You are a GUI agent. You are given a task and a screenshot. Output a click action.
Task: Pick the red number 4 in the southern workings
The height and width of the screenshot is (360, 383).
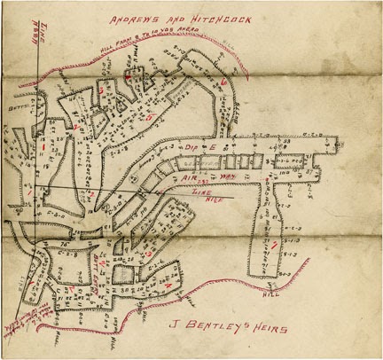168,286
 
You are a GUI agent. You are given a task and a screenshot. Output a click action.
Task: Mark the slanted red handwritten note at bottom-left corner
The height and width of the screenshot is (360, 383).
20,324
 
